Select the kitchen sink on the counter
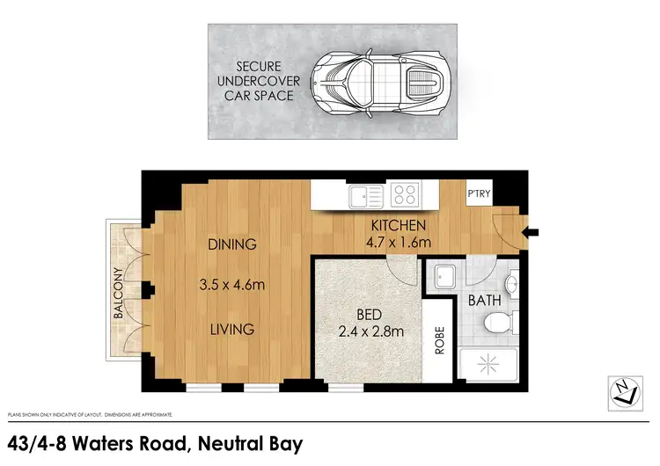[x=363, y=195]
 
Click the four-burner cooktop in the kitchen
[x=405, y=194]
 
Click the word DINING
[x=232, y=244]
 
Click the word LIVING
[x=232, y=329]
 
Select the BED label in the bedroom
[x=369, y=314]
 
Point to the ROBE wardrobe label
[x=436, y=341]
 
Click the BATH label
[x=484, y=300]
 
